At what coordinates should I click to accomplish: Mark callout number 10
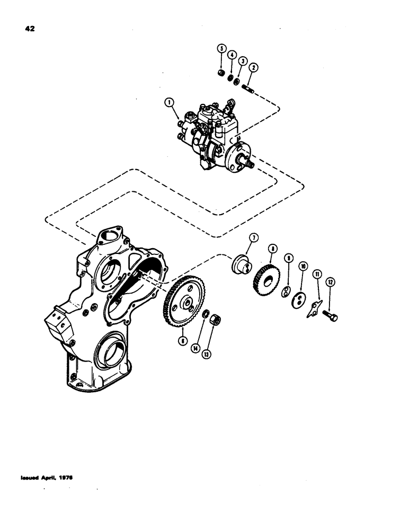(303, 266)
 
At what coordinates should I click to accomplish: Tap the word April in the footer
(51, 477)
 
